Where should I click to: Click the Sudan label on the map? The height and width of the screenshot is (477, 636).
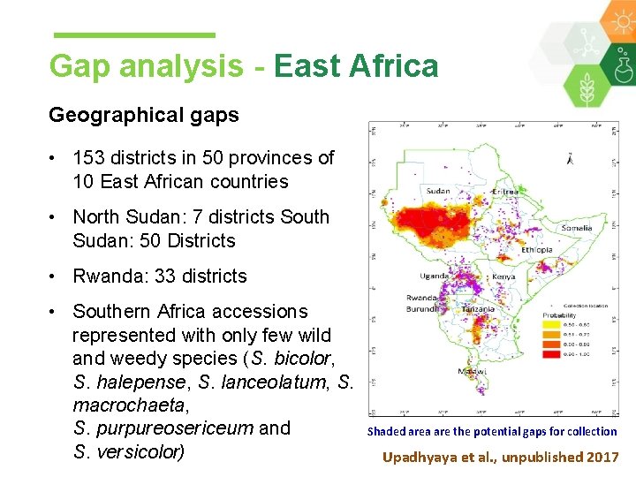[438, 191]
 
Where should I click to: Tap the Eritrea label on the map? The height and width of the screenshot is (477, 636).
[505, 192]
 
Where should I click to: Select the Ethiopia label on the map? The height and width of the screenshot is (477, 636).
[536, 250]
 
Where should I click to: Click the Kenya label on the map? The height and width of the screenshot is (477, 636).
[503, 277]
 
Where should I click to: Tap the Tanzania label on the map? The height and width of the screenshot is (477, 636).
[477, 310]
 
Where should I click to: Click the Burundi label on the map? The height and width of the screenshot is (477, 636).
[421, 310]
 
